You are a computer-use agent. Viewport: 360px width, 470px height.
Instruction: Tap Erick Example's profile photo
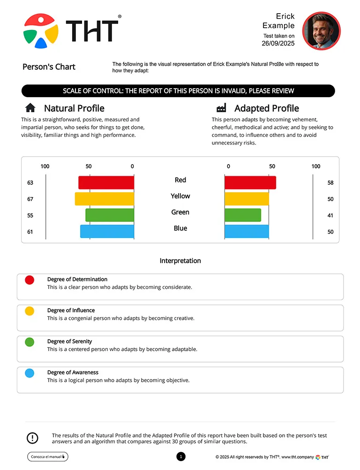321,31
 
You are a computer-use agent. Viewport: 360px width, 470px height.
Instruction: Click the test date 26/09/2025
278,44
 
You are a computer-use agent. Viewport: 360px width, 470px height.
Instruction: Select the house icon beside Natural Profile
30,108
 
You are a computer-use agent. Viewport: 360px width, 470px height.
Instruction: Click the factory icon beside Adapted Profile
222,108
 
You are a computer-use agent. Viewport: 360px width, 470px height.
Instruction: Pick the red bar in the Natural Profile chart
106,182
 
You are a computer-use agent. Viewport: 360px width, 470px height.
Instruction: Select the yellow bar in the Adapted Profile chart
247,199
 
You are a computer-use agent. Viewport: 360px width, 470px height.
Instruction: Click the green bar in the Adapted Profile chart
242,215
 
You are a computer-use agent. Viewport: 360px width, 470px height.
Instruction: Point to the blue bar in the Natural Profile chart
107,231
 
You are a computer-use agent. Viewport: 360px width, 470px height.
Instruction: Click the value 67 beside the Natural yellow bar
30,199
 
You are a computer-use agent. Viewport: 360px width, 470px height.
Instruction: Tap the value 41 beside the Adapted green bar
330,216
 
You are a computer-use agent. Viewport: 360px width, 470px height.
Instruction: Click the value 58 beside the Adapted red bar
330,183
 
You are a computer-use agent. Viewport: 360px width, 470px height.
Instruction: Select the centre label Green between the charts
180,212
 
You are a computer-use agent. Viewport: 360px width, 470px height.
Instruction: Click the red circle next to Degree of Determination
30,280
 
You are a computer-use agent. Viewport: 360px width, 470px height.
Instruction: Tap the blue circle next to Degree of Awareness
30,373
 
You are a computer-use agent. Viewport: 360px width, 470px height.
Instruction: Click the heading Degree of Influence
71,311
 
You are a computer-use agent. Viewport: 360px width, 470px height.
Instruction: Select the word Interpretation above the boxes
180,261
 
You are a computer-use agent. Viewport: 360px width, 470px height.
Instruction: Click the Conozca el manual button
48,456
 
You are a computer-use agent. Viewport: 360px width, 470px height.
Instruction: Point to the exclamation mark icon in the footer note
32,438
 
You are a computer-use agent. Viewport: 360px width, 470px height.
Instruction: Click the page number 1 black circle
181,456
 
